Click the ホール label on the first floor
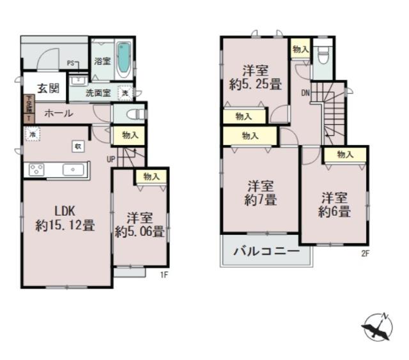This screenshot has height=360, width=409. click(x=58, y=114)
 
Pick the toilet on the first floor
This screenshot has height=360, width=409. click(x=132, y=114)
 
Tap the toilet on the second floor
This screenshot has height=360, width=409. click(x=323, y=56)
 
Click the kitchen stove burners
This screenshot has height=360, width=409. click(x=36, y=169)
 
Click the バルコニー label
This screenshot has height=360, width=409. click(x=266, y=251)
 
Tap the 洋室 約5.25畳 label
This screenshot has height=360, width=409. click(x=256, y=76)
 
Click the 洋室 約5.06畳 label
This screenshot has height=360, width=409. click(x=139, y=225)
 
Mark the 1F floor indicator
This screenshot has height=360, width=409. click(x=164, y=275)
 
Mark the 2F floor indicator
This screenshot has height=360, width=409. click(x=366, y=253)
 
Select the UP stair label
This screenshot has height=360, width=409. click(x=111, y=159)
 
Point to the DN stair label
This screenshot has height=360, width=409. click(x=305, y=93)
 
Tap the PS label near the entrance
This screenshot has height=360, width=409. click(x=72, y=63)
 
